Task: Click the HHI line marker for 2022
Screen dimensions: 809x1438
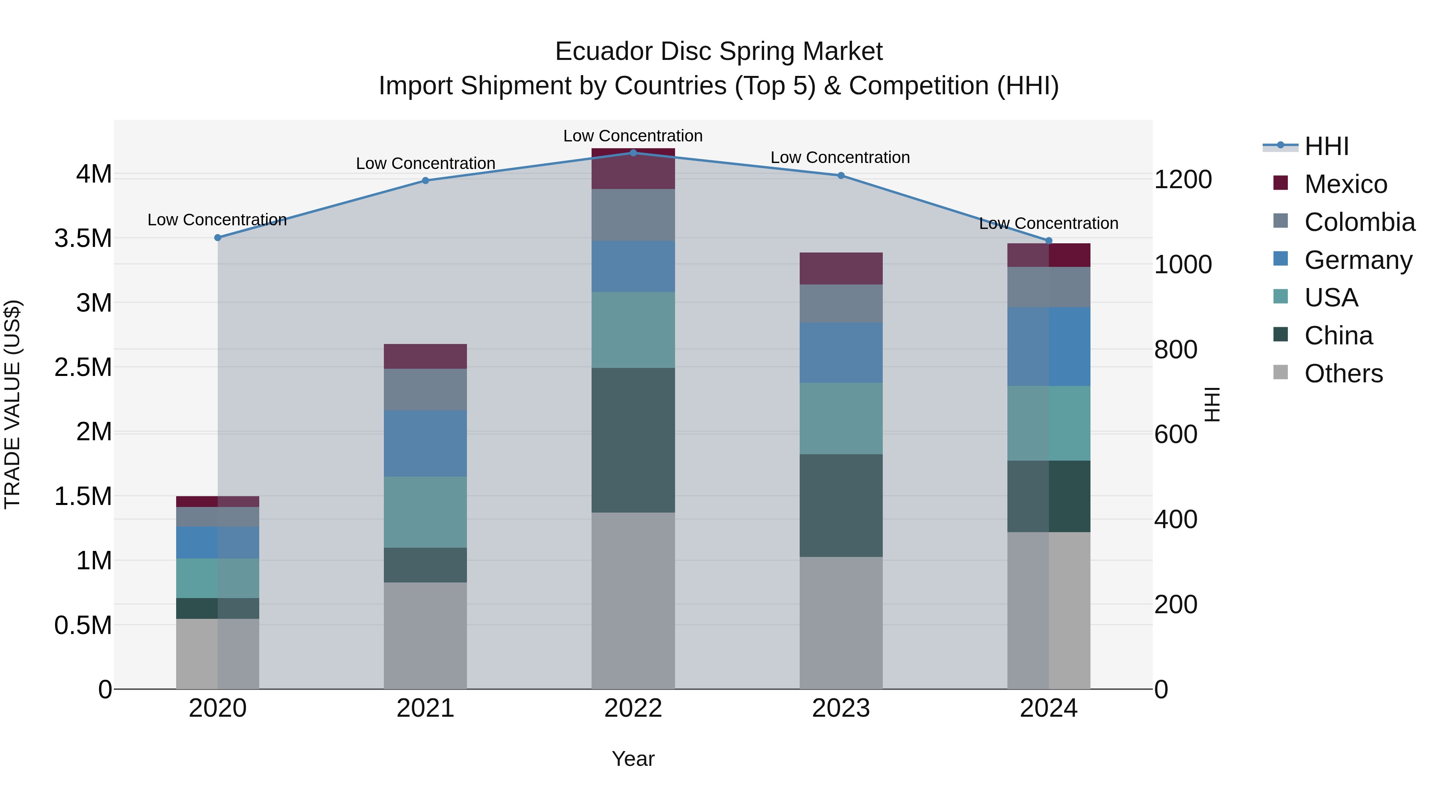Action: coord(633,153)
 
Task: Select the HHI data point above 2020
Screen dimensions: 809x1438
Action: coord(218,238)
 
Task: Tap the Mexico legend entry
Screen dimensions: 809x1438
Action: coord(1345,184)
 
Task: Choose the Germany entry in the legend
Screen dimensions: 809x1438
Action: coord(1358,260)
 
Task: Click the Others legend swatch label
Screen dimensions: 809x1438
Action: coord(1343,374)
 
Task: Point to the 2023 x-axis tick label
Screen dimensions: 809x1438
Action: coord(841,708)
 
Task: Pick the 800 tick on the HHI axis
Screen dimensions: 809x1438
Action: coord(1176,350)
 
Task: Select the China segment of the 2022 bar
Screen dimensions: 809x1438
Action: coord(633,440)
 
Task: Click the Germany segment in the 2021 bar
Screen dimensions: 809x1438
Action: coord(425,443)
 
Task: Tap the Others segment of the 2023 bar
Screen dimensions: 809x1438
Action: coord(841,622)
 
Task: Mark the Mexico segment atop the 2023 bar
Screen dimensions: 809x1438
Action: coord(841,268)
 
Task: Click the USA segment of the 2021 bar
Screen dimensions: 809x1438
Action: coord(425,512)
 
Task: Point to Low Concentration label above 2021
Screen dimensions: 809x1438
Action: coord(425,163)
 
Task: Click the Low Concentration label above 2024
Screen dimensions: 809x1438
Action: coord(1049,223)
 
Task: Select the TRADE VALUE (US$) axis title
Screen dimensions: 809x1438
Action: coord(12,404)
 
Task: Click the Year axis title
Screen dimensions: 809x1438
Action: coord(633,759)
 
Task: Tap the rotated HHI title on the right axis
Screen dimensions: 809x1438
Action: coord(1212,404)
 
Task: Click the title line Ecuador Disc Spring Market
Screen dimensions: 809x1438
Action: coord(719,52)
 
